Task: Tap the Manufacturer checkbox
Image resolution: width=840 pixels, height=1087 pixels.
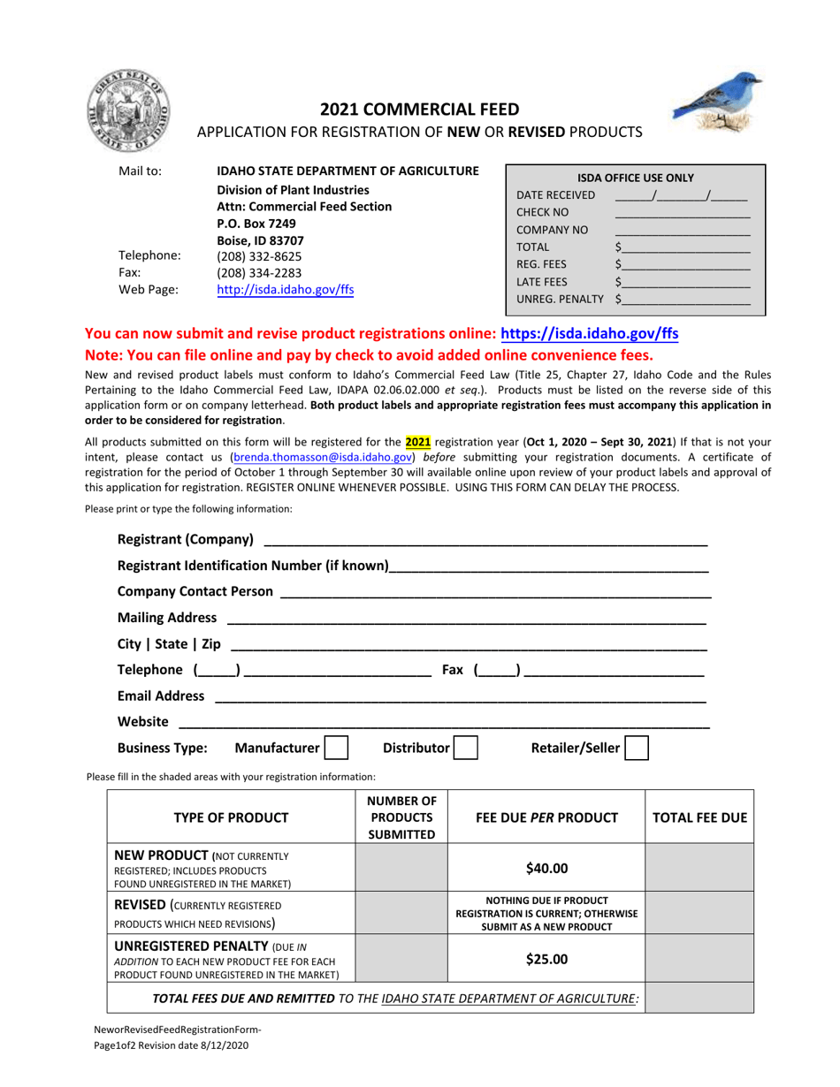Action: (336, 749)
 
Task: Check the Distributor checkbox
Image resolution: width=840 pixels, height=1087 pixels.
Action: (466, 749)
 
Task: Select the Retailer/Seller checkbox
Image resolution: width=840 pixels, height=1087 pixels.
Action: (637, 749)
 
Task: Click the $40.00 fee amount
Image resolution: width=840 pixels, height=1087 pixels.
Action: (546, 868)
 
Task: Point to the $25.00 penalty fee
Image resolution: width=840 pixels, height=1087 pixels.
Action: (546, 960)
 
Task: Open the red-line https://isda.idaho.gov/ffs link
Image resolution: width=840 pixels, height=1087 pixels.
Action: (590, 334)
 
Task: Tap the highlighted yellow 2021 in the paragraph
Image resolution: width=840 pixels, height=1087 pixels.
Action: (417, 439)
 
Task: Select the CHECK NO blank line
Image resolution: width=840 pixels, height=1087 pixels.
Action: (682, 213)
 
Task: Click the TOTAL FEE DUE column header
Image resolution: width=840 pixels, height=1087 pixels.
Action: (699, 817)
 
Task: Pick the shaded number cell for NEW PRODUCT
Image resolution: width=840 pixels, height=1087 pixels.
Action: (401, 868)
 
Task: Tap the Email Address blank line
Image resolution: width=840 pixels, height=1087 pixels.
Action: (460, 696)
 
